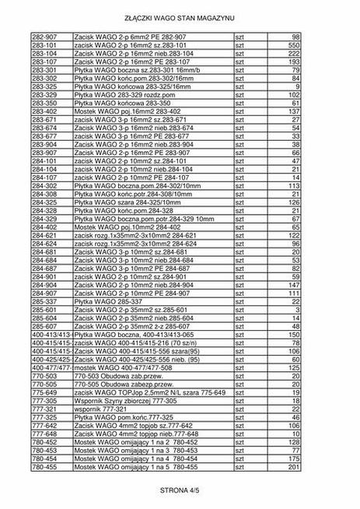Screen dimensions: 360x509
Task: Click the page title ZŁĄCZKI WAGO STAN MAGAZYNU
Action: click(180, 16)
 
